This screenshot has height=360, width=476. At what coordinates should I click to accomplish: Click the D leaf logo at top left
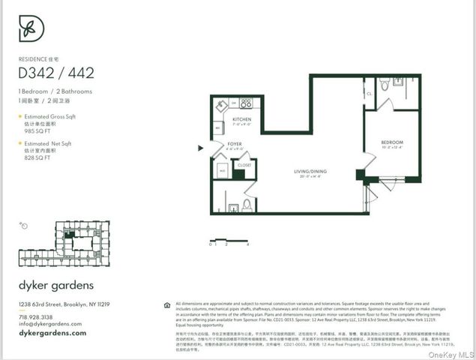click(31, 28)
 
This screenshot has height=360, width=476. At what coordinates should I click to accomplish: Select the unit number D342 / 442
click(57, 73)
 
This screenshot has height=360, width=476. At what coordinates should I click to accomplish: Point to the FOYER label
click(235, 145)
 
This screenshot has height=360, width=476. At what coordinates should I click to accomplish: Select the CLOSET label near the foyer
click(244, 163)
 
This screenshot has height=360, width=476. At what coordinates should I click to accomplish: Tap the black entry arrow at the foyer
click(200, 148)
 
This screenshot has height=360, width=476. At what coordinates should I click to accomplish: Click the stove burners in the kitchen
click(245, 103)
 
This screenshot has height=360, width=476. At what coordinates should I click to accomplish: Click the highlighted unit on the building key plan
click(69, 235)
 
